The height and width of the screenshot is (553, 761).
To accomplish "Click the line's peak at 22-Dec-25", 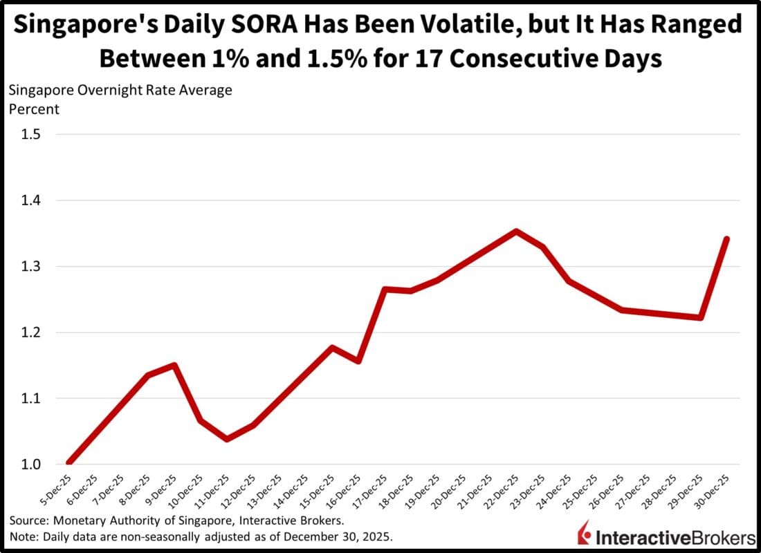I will (516, 231).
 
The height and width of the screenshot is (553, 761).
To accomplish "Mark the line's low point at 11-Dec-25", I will (227, 439).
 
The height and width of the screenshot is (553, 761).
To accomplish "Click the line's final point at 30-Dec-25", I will (726, 238).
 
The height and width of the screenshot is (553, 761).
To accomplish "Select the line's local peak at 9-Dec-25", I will (174, 365).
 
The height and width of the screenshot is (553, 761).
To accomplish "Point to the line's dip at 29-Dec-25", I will (700, 318).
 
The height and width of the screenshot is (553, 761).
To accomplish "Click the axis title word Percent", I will (34, 109).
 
